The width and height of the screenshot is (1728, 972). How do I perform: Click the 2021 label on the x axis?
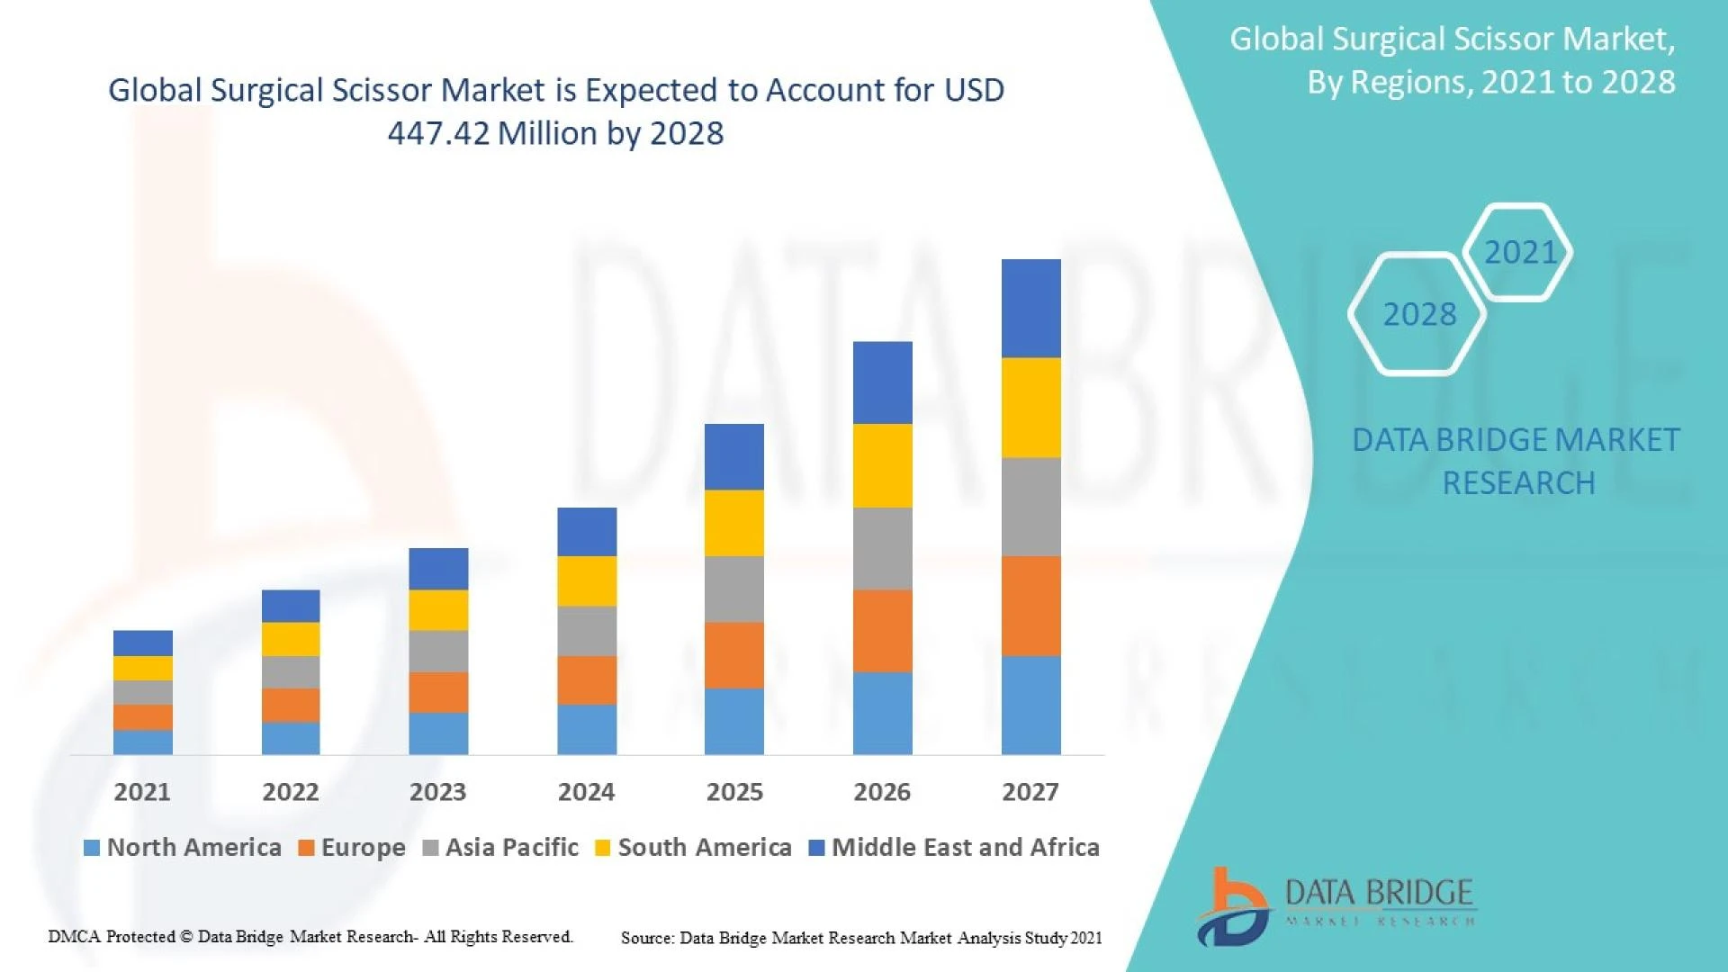pyautogui.click(x=142, y=792)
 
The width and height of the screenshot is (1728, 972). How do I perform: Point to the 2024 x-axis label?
pyautogui.click(x=586, y=792)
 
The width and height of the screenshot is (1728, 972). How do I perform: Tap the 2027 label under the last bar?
pyautogui.click(x=1030, y=792)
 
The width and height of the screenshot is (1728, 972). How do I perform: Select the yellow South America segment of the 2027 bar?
pyautogui.click(x=1030, y=408)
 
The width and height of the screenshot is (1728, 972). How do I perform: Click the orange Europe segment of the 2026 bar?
pyautogui.click(x=882, y=631)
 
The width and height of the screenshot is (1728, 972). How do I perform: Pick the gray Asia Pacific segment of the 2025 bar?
pyautogui.click(x=733, y=589)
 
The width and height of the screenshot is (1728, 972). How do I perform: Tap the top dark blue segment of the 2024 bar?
pyautogui.click(x=587, y=531)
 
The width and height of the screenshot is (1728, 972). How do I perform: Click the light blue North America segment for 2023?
pyautogui.click(x=438, y=733)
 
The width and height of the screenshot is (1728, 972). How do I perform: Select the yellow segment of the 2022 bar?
pyautogui.click(x=291, y=639)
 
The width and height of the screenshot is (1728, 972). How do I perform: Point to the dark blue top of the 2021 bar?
pyautogui.click(x=143, y=643)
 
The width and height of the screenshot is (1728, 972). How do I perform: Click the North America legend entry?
pyautogui.click(x=183, y=848)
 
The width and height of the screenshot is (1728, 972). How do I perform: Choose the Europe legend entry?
pyautogui.click(x=352, y=848)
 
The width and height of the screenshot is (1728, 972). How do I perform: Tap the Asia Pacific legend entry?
pyautogui.click(x=500, y=848)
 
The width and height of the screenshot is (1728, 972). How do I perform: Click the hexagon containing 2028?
pyautogui.click(x=1418, y=314)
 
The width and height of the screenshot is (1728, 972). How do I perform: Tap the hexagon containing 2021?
pyautogui.click(x=1519, y=252)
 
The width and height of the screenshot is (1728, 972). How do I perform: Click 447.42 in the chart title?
pyautogui.click(x=438, y=134)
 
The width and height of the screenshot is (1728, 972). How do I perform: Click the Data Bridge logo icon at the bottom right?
pyautogui.click(x=1233, y=907)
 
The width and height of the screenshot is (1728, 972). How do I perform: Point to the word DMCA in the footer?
pyautogui.click(x=74, y=937)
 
